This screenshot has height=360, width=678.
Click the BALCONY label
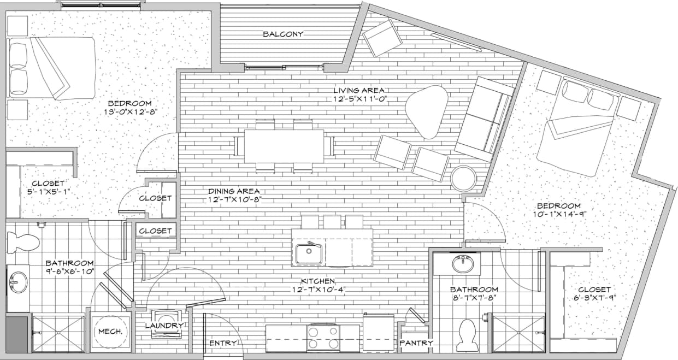click(282, 34)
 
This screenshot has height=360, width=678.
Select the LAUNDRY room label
click(164, 326)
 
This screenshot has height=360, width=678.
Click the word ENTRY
click(223, 343)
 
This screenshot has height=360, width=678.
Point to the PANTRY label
click(416, 343)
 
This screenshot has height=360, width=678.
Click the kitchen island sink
click(309, 253)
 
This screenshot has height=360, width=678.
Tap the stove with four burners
click(323, 337)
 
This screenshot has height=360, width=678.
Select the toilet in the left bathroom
click(23, 240)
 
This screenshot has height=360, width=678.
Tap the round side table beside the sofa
click(464, 178)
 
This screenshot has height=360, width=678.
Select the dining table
click(284, 146)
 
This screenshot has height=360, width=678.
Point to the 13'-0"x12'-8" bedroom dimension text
click(129, 113)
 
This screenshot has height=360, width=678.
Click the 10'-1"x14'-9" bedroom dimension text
click(558, 214)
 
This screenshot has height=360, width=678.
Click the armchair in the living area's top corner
click(382, 37)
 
